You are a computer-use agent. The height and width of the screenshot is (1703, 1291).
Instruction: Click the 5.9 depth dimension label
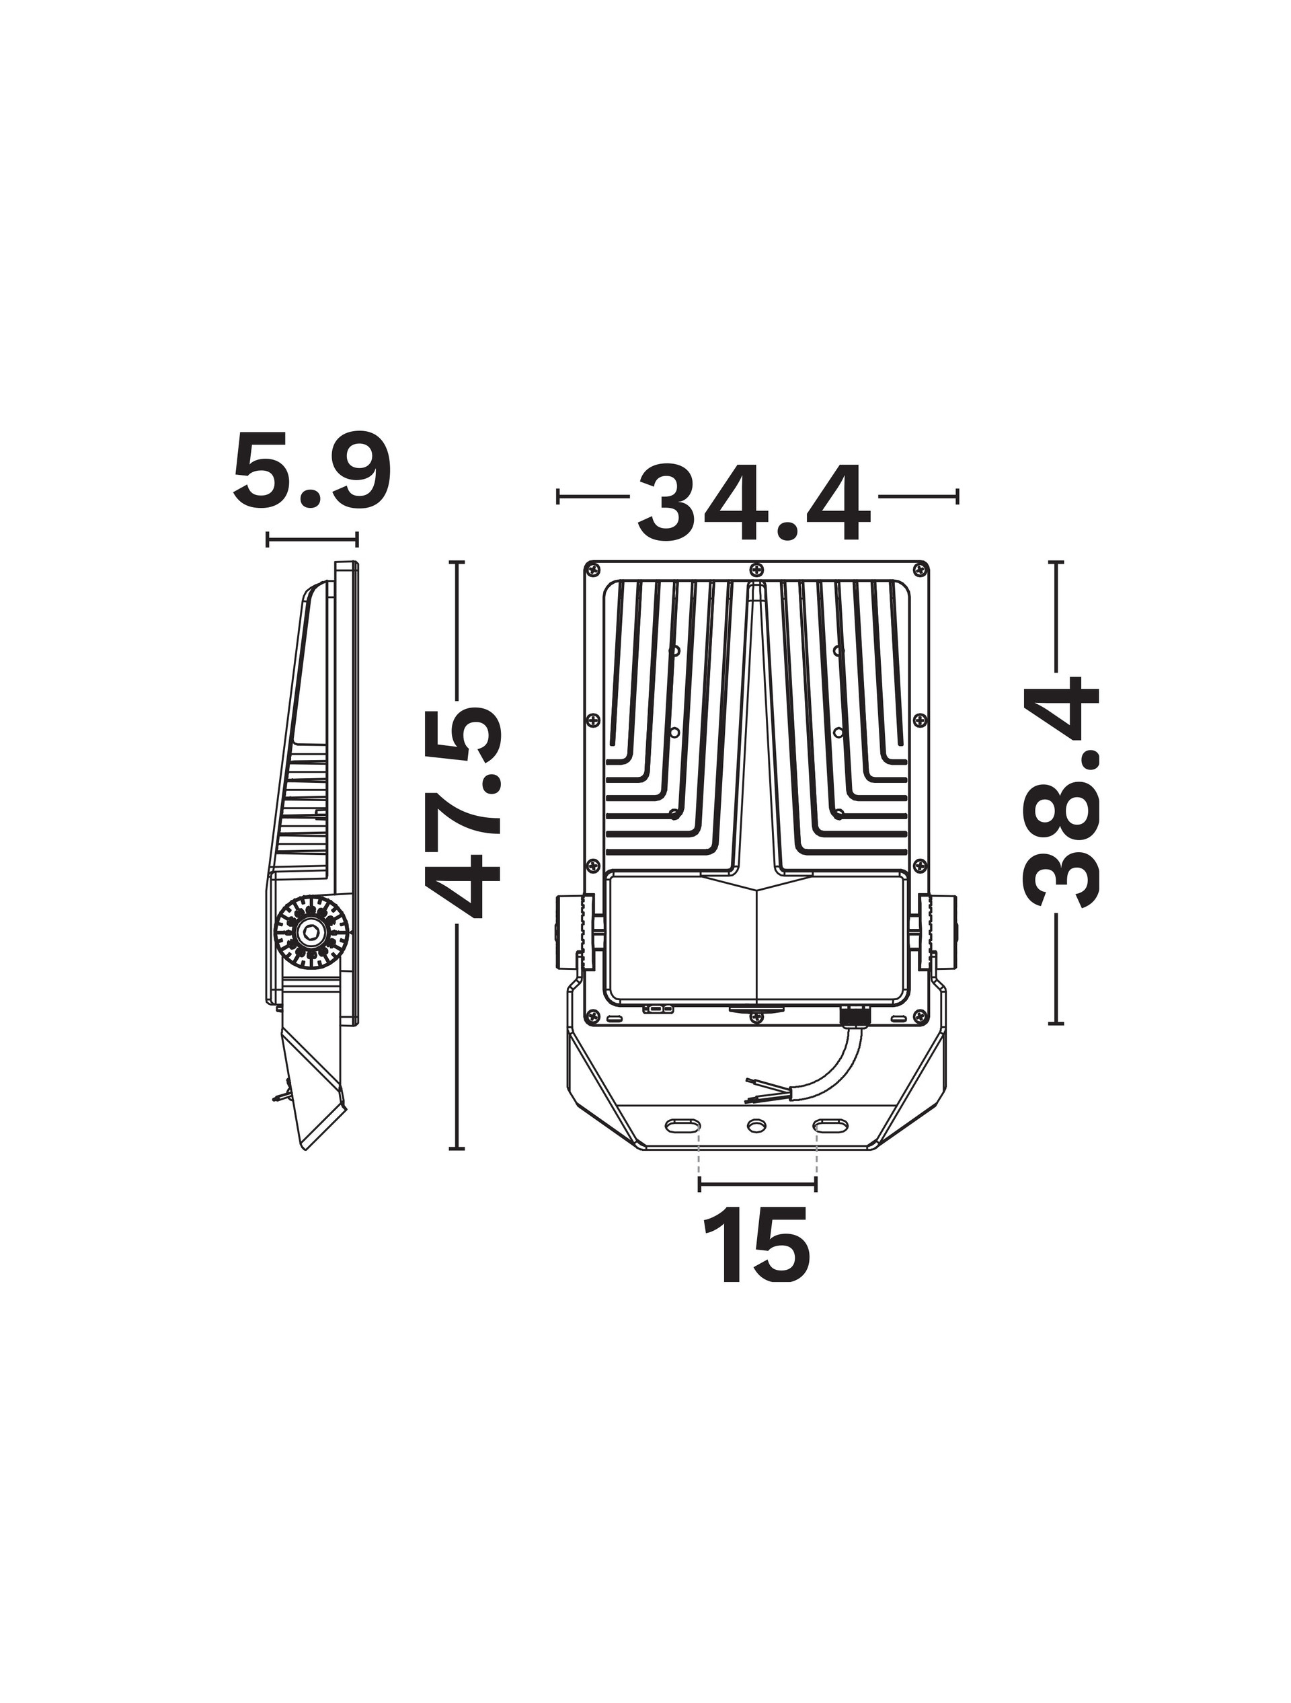click(x=312, y=474)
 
